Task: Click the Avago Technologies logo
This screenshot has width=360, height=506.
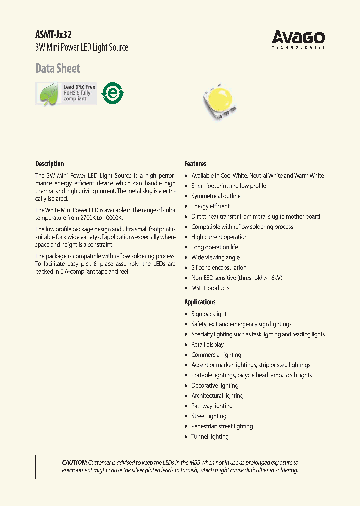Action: click(x=298, y=39)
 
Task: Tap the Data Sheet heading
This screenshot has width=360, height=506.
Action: click(x=58, y=68)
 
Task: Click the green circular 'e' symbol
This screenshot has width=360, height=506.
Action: click(x=113, y=93)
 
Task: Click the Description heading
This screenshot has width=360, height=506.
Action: click(x=50, y=164)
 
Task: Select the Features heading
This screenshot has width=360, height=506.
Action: click(x=195, y=164)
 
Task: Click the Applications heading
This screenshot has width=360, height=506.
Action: click(x=200, y=302)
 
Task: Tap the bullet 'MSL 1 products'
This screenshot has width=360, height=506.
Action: click(x=210, y=288)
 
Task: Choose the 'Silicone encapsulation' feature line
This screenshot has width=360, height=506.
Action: click(x=219, y=268)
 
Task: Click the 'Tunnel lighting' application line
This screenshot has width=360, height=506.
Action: click(x=210, y=437)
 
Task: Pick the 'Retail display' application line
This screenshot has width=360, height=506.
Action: click(x=207, y=345)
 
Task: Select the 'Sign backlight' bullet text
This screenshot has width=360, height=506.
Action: click(x=209, y=314)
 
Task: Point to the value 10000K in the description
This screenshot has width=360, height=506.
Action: click(x=111, y=218)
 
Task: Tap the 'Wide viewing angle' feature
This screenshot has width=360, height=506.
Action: click(x=215, y=257)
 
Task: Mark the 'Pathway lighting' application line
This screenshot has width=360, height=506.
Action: click(x=212, y=406)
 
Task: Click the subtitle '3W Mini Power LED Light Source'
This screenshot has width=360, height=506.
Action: click(x=82, y=48)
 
